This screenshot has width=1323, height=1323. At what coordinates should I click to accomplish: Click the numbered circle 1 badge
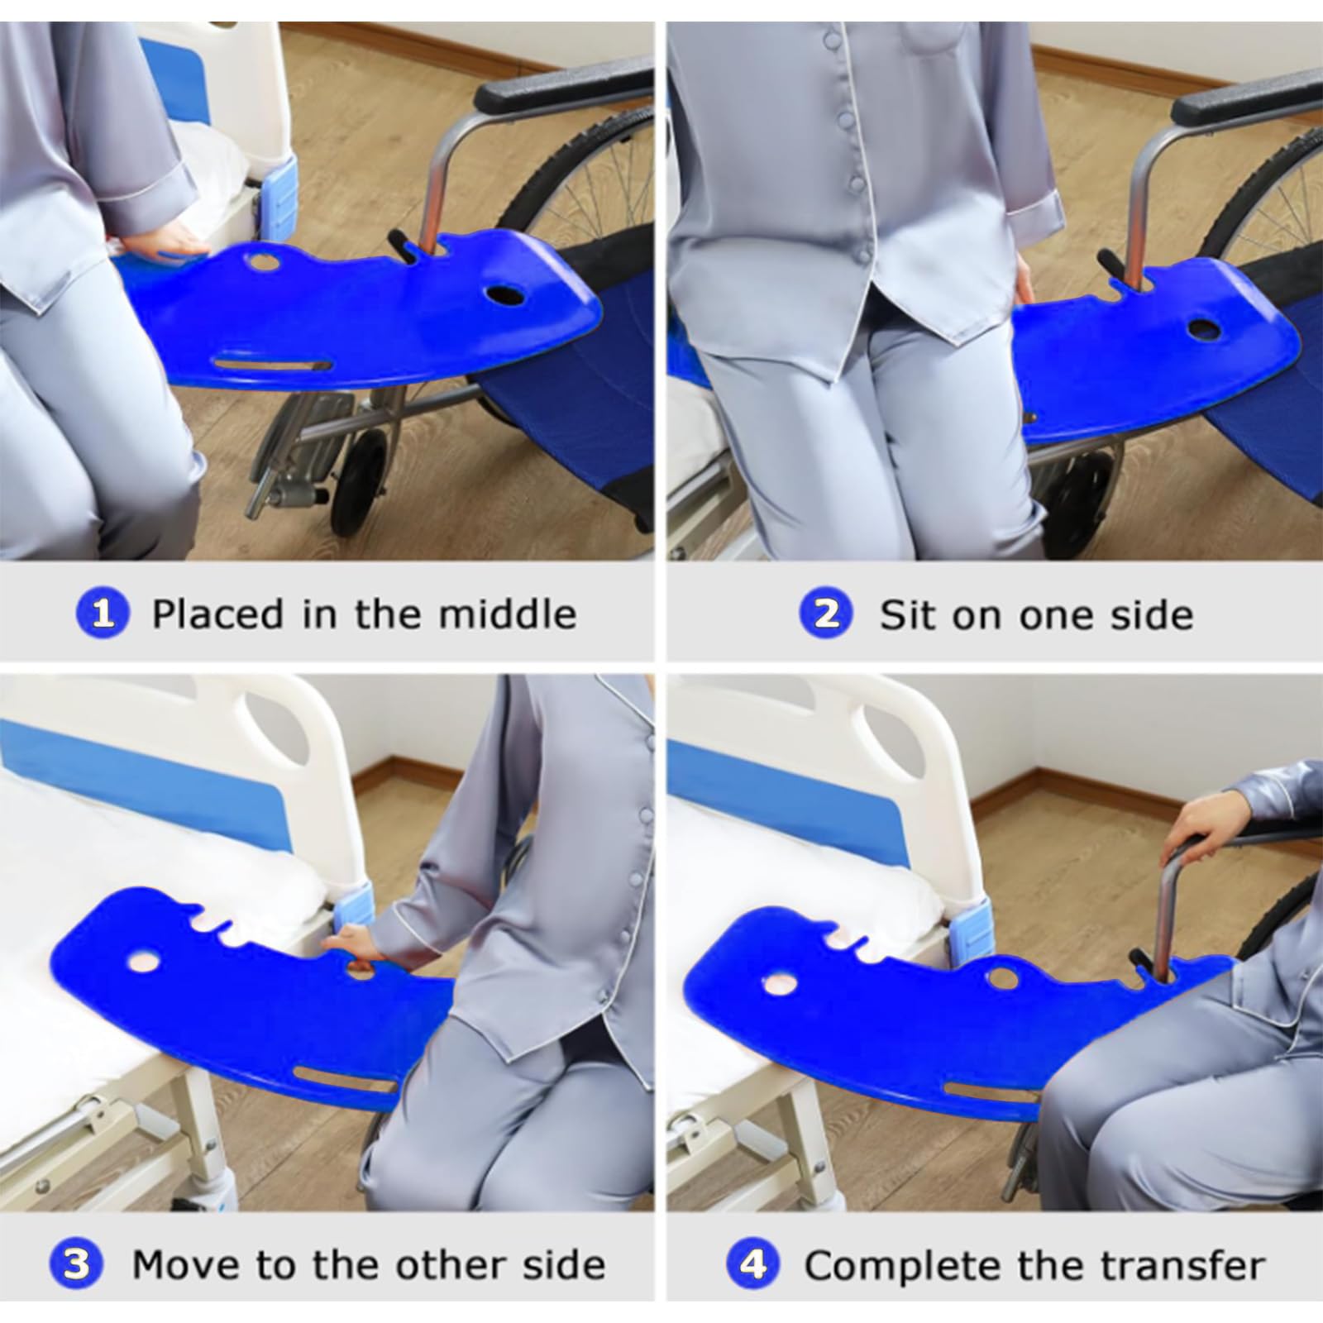(x=102, y=614)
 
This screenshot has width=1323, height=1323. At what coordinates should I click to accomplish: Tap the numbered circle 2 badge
(x=826, y=614)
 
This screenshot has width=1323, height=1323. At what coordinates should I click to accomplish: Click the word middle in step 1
(x=508, y=614)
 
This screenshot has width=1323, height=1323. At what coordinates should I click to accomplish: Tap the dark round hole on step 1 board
(x=505, y=294)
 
